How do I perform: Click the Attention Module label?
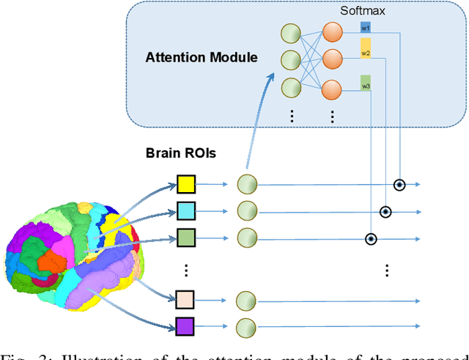click(202, 57)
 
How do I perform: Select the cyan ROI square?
click(187, 212)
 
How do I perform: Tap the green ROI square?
click(187, 238)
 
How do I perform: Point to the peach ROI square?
click(187, 299)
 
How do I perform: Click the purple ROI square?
click(187, 326)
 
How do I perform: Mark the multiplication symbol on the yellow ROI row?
click(399, 185)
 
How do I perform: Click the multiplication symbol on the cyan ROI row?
click(385, 212)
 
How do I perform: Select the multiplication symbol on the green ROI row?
click(371, 238)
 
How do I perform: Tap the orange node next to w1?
click(333, 32)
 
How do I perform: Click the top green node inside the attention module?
click(291, 33)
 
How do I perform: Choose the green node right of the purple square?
click(248, 327)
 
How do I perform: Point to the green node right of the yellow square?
click(248, 185)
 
